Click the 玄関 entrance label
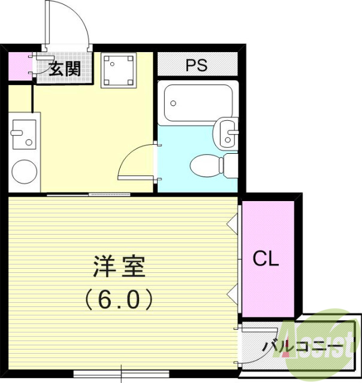point(64,69)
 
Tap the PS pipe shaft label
point(196,65)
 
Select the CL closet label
point(266,259)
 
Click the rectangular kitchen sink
point(23,134)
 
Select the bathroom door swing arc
point(135,162)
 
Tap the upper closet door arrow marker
point(232,223)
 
